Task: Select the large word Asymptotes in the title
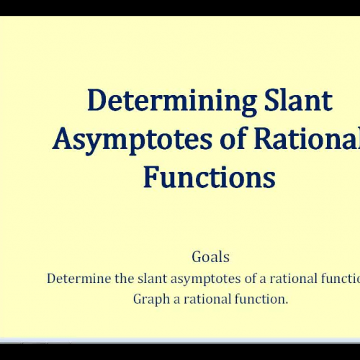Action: pyautogui.click(x=132, y=138)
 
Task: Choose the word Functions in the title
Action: pyautogui.click(x=209, y=176)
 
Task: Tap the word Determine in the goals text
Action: pyautogui.click(x=78, y=279)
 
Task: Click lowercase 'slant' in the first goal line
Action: pyautogui.click(x=153, y=279)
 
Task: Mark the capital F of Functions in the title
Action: pyautogui.click(x=150, y=176)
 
